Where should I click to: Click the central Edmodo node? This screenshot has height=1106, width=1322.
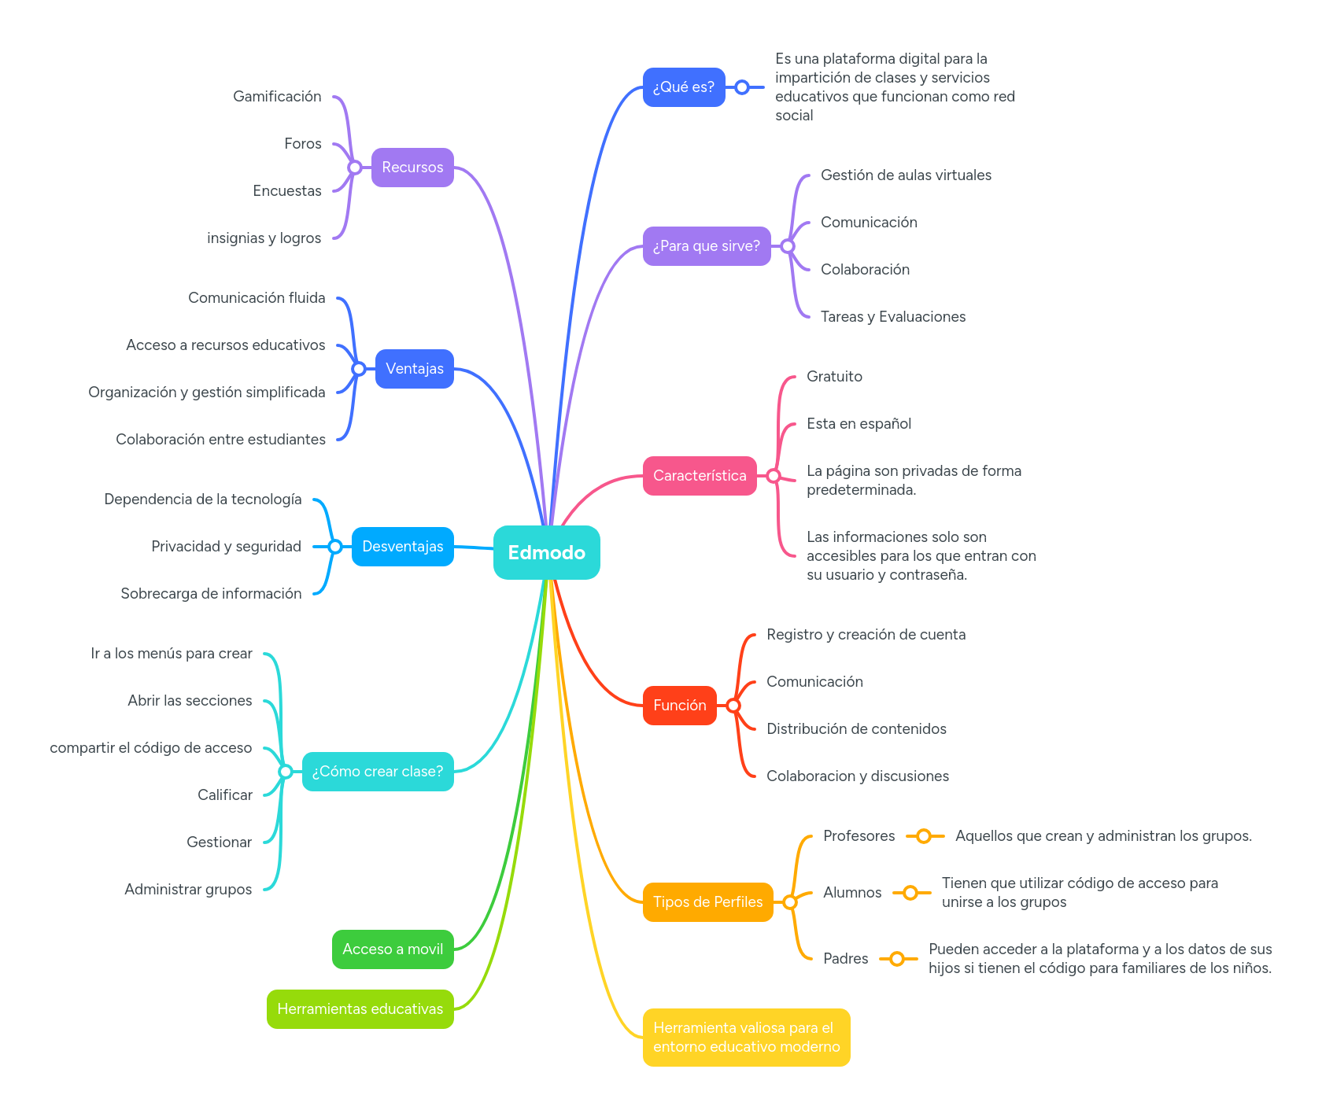click(x=546, y=552)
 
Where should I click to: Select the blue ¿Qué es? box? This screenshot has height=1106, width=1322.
click(x=683, y=87)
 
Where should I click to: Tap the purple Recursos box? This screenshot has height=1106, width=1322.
click(x=412, y=168)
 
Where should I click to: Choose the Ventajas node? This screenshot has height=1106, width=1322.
click(x=414, y=369)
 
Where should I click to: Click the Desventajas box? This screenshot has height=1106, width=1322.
click(x=402, y=547)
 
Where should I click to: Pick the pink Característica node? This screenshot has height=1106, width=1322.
click(x=699, y=476)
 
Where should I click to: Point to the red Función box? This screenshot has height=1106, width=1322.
click(x=679, y=706)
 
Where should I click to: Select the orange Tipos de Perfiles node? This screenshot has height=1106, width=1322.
click(x=707, y=902)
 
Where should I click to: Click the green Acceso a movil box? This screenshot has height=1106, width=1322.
click(x=393, y=949)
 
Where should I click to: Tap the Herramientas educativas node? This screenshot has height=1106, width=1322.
click(x=360, y=1009)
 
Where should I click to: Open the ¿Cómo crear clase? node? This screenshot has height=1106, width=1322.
click(x=378, y=772)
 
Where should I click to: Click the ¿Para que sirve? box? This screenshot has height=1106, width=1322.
click(x=706, y=246)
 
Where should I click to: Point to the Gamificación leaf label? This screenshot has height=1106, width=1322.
click(x=277, y=97)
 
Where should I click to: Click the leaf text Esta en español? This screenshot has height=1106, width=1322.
click(x=859, y=424)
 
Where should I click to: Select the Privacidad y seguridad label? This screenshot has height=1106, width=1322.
click(x=226, y=547)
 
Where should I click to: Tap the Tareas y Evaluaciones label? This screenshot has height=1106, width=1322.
click(x=892, y=317)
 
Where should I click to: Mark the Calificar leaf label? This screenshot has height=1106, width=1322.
click(x=225, y=795)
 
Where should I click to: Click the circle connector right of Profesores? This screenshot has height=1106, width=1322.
click(x=924, y=836)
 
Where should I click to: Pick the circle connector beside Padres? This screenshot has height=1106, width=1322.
click(x=897, y=959)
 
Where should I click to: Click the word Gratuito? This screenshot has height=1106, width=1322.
click(x=834, y=377)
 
